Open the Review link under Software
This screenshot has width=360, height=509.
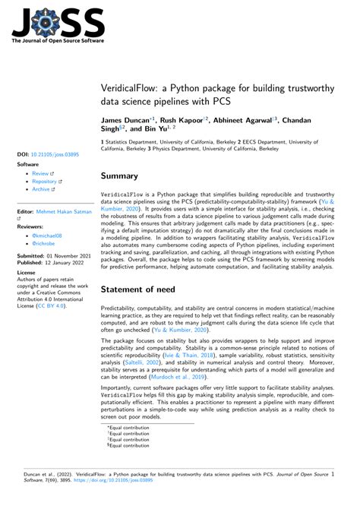point(40,174)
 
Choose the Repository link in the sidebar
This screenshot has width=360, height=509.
point(45,182)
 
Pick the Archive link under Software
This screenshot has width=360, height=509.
point(41,191)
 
